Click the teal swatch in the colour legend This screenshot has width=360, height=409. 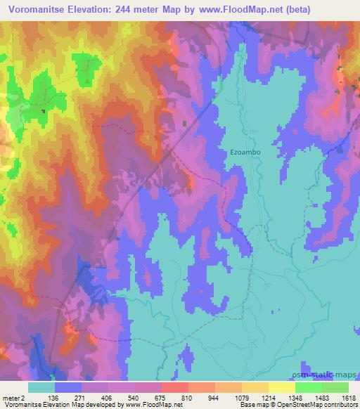tap(41, 388)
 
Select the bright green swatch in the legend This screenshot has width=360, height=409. tap(335, 388)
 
